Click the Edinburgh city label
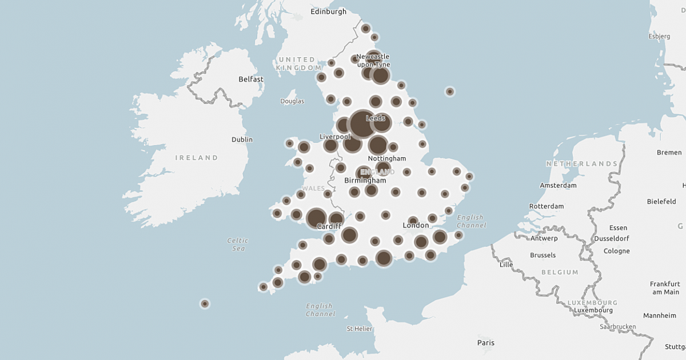coord(328,11)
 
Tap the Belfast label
coord(251,79)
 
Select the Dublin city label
coord(242,139)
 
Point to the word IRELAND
coord(197,158)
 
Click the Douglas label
coord(292,102)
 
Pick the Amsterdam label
coord(558,186)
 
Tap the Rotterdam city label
coord(547,206)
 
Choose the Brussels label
coord(543,255)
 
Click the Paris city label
coord(486,343)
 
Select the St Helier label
coord(360,329)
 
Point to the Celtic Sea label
coord(237,245)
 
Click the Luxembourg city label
coord(593,310)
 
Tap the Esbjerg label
coord(659,37)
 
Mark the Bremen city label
coord(669,153)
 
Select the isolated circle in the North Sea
coord(450,91)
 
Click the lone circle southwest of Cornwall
coord(205,303)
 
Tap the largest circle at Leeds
coord(362,124)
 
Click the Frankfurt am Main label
coord(664,288)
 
